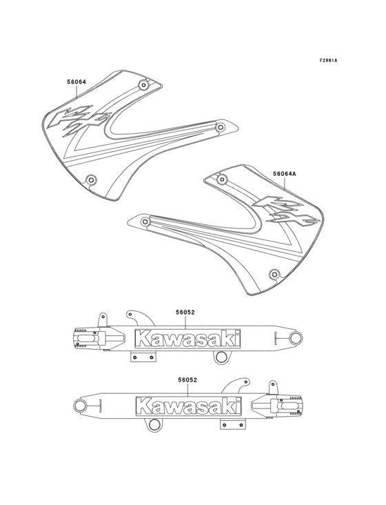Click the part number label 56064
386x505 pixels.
(77, 82)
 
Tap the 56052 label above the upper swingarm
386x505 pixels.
(185, 313)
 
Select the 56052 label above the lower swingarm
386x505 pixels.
(188, 380)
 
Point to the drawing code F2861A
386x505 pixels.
(328, 61)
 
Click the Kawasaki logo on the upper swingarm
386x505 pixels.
(188, 339)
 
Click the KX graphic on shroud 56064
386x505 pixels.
(77, 119)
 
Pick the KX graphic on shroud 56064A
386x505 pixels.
(283, 210)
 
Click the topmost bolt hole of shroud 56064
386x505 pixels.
(143, 86)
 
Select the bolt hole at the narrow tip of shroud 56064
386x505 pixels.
(220, 127)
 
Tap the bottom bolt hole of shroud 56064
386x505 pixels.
(91, 179)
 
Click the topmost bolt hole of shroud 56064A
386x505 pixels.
(221, 179)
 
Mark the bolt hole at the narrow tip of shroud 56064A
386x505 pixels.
(145, 223)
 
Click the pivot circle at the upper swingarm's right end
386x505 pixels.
(296, 338)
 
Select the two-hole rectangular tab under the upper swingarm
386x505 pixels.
(144, 357)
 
